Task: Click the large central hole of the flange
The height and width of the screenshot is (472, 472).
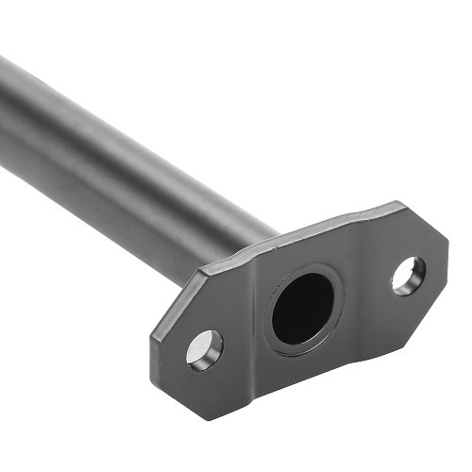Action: point(302,309)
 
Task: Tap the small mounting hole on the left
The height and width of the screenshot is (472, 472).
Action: point(205,348)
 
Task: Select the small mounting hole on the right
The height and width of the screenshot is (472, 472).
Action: point(408,275)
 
